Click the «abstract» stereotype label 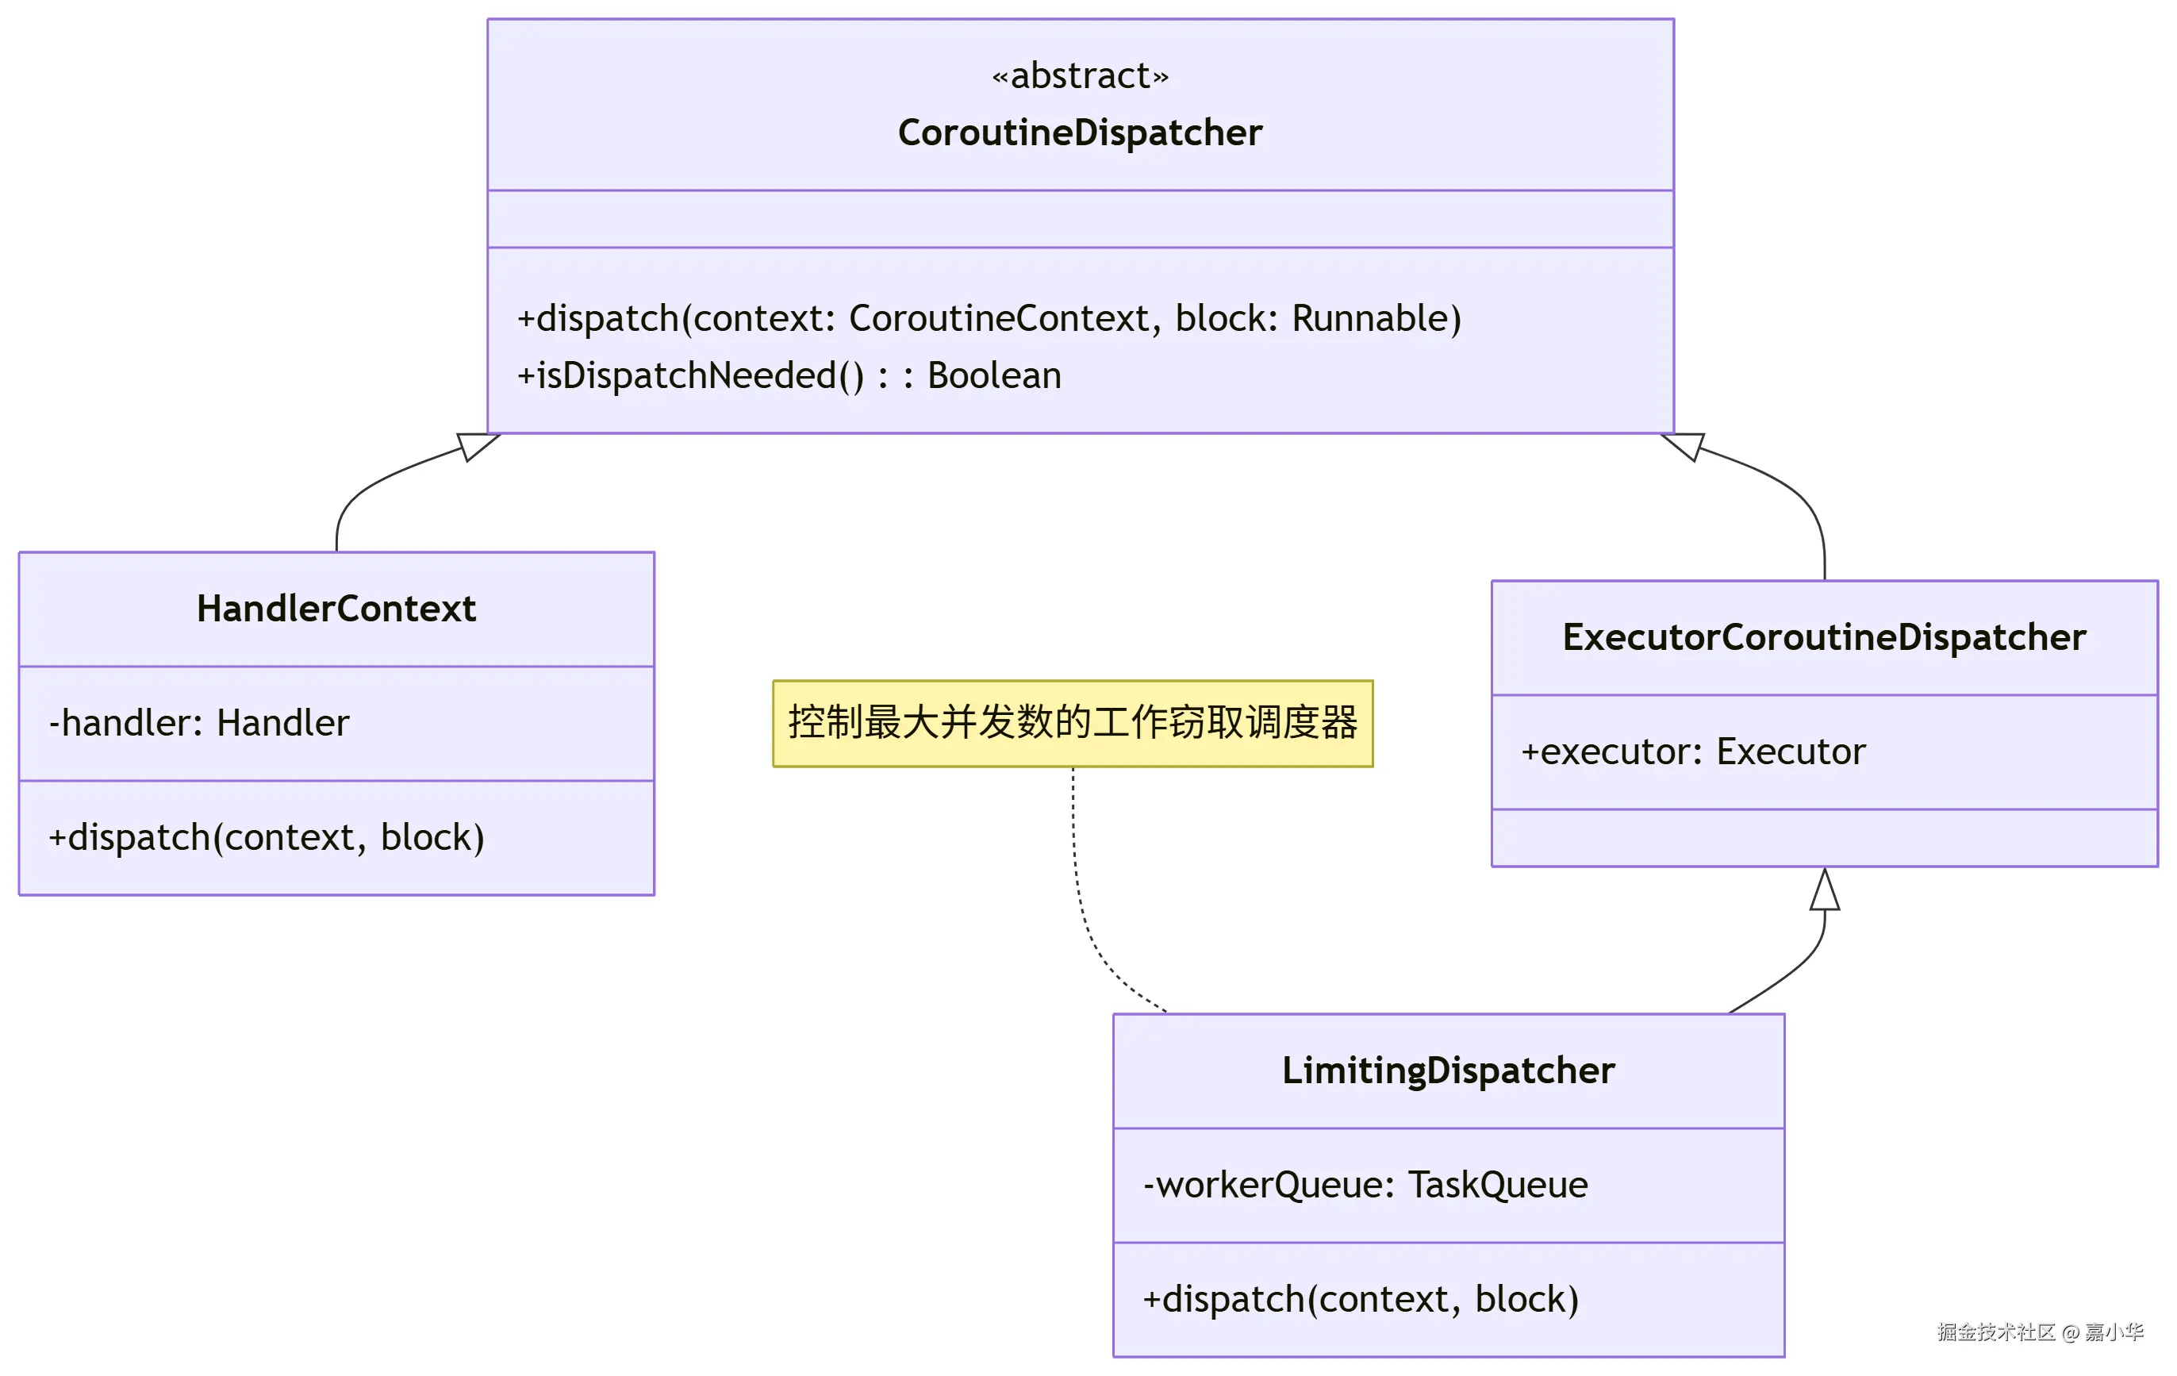(x=1080, y=76)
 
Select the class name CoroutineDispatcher (x=1080, y=133)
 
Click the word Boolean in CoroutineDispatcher (x=994, y=376)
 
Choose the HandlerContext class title (x=336, y=609)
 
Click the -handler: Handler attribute (x=199, y=723)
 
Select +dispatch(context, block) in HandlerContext (x=267, y=838)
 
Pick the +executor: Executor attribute (x=1692, y=752)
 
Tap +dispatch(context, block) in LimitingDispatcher (x=1361, y=1300)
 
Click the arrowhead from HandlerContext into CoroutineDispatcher (x=475, y=446)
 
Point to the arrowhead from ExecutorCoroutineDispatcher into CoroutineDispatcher (x=1684, y=446)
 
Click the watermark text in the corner (x=2040, y=1332)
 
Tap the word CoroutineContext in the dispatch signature (x=999, y=318)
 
